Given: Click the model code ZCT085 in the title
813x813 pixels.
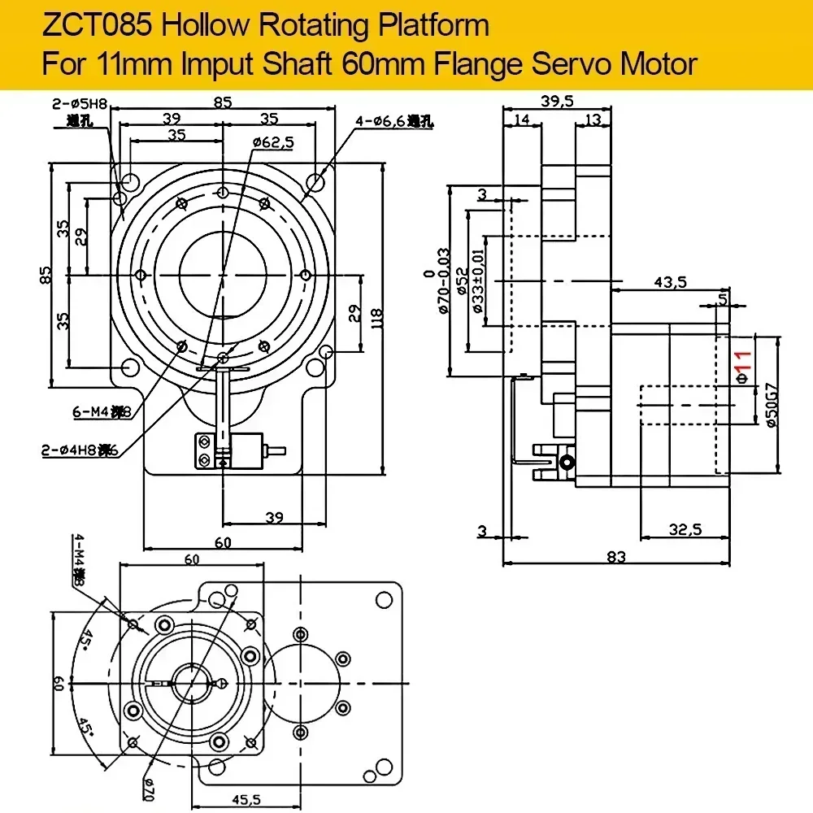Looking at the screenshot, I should click(x=90, y=26).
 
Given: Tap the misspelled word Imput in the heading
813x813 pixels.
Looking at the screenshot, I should click(x=218, y=63).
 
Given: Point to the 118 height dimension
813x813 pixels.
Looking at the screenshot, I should click(x=376, y=316).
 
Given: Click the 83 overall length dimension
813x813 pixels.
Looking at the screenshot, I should click(x=616, y=556).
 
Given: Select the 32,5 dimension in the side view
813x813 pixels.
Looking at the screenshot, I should click(x=685, y=530).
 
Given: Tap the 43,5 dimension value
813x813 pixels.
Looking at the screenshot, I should click(x=669, y=281).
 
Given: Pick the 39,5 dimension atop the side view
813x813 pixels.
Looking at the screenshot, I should click(x=557, y=100).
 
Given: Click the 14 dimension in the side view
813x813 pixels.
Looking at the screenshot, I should click(x=521, y=120).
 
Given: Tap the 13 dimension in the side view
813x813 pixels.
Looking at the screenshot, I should click(x=592, y=120).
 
